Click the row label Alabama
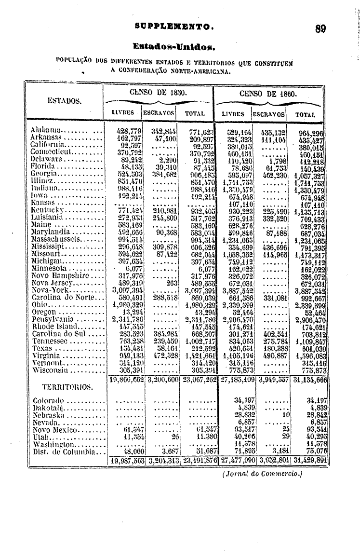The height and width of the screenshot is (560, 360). tap(47, 130)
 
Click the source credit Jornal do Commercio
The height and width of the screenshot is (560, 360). tap(262, 474)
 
